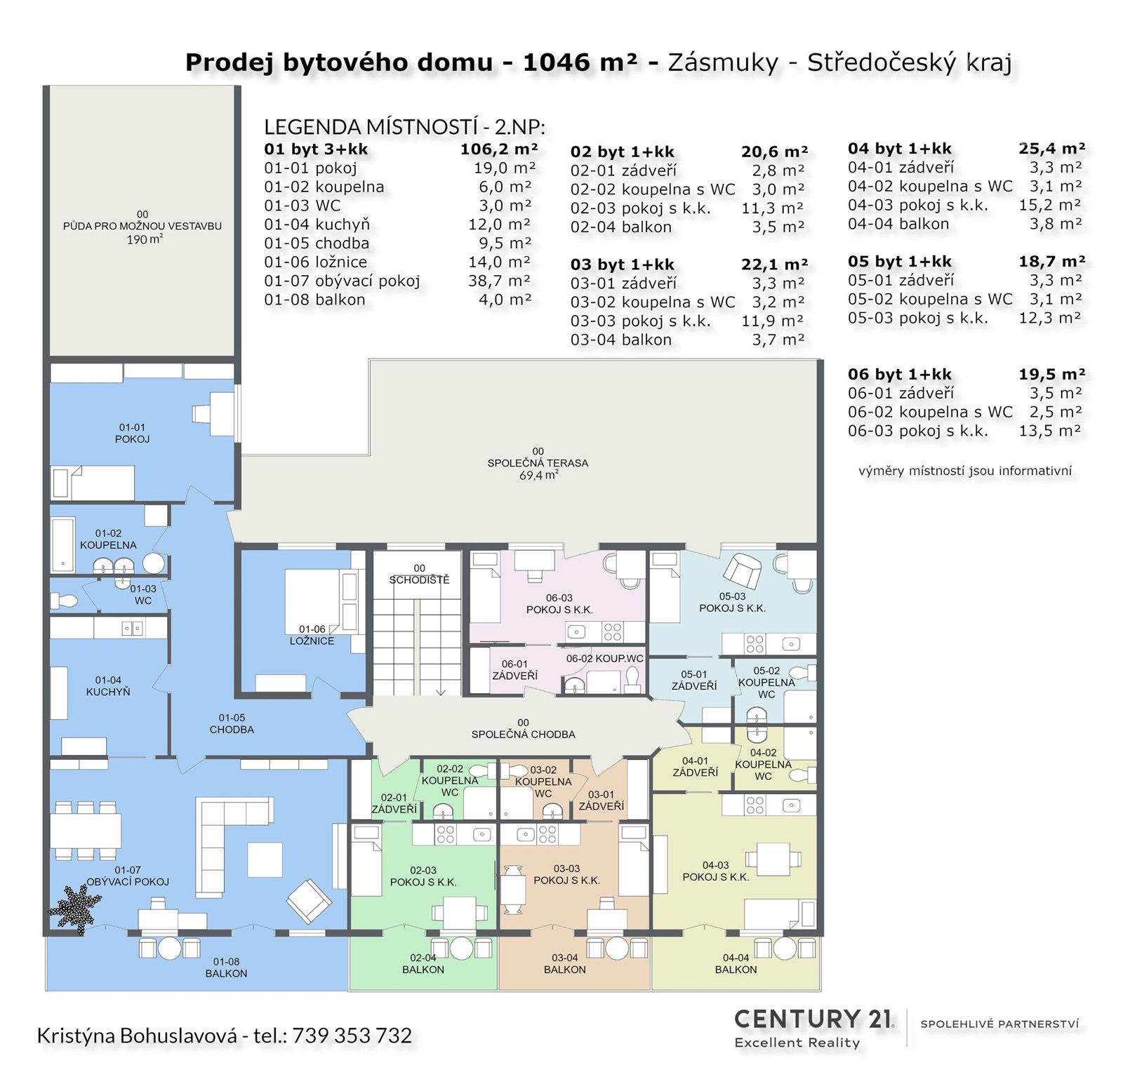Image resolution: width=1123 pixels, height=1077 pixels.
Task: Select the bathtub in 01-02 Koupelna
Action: coord(62,543)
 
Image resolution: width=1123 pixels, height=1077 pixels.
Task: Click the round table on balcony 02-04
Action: coord(461,948)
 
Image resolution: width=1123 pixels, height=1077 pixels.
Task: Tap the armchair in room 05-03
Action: coord(742,571)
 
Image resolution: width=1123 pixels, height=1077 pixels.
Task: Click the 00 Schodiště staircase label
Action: coord(419,574)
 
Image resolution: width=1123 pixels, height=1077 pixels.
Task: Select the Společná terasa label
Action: coord(538,463)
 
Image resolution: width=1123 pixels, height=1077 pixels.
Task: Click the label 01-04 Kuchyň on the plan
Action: coord(108,685)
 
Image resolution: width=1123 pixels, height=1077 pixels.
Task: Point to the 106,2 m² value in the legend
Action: coord(499,149)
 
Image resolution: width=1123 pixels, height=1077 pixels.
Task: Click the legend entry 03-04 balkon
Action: coord(621,340)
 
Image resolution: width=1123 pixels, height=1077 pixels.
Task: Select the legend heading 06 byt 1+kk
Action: coord(900,374)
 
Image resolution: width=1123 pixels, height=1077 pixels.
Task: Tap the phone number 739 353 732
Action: coord(352,1036)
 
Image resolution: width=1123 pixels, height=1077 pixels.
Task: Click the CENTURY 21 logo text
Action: coord(813,1019)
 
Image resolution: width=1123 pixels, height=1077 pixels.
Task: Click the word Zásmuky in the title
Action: coord(723,62)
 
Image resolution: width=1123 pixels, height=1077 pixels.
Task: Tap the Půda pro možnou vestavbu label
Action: coord(142,227)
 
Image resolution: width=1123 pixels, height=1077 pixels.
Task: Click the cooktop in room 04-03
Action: coord(755,805)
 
